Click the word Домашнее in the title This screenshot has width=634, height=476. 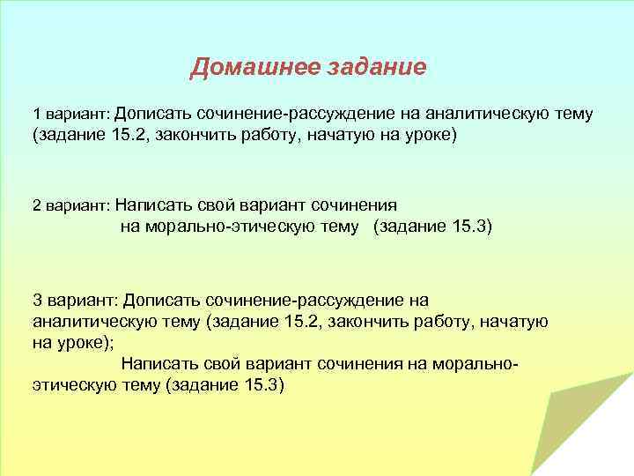pyautogui.click(x=247, y=67)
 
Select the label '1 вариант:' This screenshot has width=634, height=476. pyautogui.click(x=70, y=115)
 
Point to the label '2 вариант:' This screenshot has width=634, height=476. pyautogui.click(x=70, y=205)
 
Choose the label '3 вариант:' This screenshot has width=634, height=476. pyautogui.click(x=74, y=300)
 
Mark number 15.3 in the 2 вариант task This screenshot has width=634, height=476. pyautogui.click(x=467, y=227)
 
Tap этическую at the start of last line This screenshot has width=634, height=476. pyautogui.click(x=72, y=386)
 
